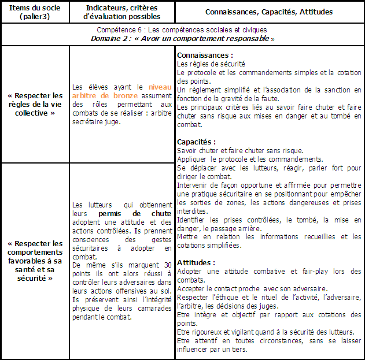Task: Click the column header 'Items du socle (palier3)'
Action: click(x=35, y=12)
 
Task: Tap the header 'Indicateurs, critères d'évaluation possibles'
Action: click(x=121, y=12)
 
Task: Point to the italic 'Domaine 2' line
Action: click(x=182, y=38)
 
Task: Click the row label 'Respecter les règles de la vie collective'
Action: click(x=35, y=104)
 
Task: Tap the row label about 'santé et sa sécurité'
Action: click(x=35, y=261)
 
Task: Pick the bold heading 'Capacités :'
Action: click(x=197, y=142)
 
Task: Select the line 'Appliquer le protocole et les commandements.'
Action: click(x=242, y=159)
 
